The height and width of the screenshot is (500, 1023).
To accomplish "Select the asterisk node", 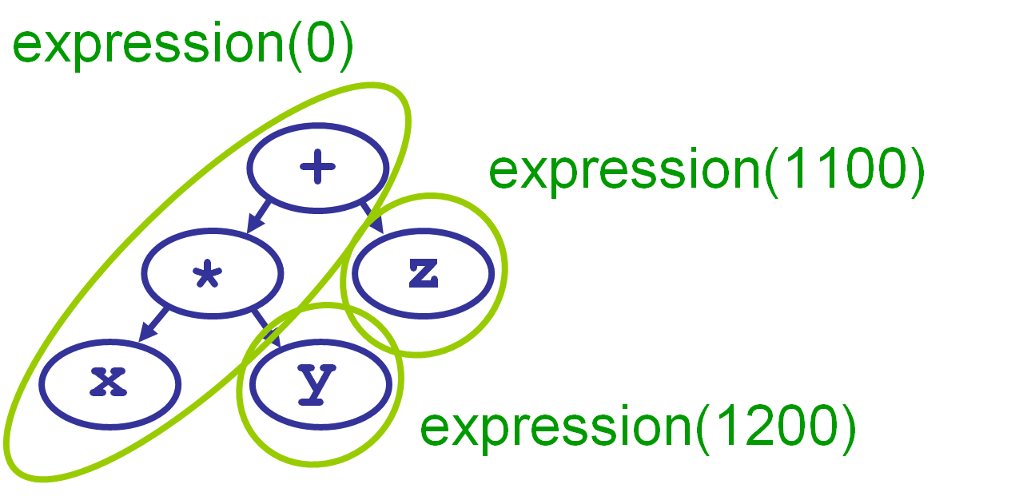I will (x=213, y=273).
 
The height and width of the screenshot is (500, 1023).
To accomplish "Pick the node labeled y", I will (x=320, y=383).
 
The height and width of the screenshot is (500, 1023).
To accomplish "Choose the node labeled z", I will (x=422, y=273).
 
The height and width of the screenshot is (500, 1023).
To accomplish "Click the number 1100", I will (x=843, y=171).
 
